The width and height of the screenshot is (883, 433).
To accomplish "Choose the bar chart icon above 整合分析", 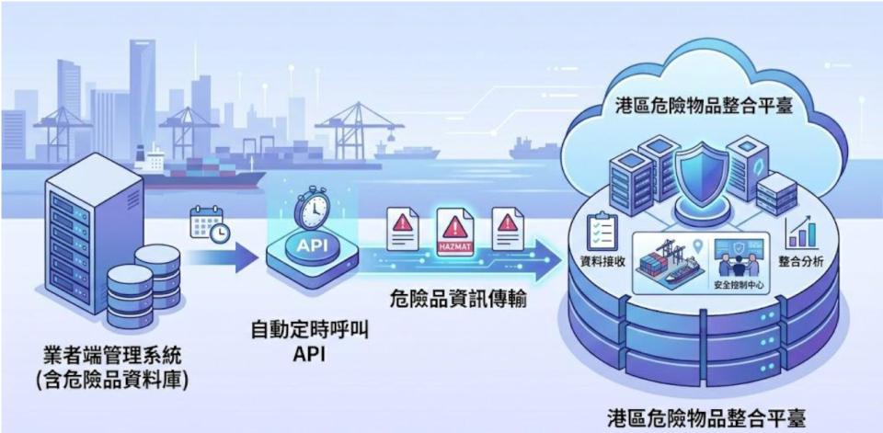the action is (x=801, y=232).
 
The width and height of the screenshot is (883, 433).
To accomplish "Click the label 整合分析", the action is (x=801, y=261).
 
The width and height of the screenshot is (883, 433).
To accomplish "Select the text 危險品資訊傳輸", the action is (x=458, y=299).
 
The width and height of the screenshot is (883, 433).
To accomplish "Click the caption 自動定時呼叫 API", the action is (x=310, y=342).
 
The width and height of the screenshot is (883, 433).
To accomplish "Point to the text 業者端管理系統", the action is (x=112, y=356).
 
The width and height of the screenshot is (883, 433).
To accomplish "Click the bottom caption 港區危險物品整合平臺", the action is (x=707, y=419).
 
